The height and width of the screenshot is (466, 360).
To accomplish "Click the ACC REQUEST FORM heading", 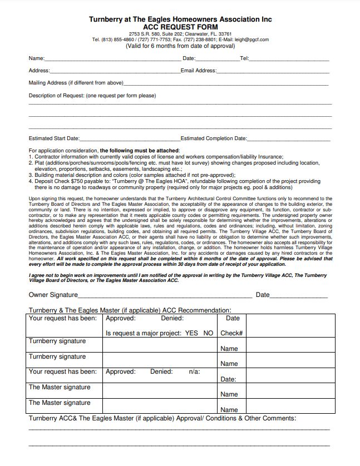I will pyautogui.click(x=180, y=27).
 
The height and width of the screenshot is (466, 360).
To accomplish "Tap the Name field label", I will pyautogui.click(x=36, y=58).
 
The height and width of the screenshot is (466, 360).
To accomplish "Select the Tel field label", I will pyautogui.click(x=244, y=58).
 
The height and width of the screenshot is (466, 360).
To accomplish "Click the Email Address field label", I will pyautogui.click(x=198, y=71).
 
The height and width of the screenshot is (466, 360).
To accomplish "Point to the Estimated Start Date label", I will pyautogui.click(x=54, y=138).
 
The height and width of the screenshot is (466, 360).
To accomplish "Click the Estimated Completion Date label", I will pyautogui.click(x=214, y=138).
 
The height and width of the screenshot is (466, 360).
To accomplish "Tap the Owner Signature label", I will pyautogui.click(x=53, y=295).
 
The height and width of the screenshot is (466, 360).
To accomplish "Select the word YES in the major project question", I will pyautogui.click(x=191, y=333).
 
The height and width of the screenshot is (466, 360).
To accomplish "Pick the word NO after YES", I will pyautogui.click(x=208, y=333).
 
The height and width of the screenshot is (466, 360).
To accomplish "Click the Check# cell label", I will pyautogui.click(x=231, y=333).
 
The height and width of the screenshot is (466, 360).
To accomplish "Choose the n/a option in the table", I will pyautogui.click(x=194, y=371).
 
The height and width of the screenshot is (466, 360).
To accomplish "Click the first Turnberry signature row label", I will pyautogui.click(x=57, y=341).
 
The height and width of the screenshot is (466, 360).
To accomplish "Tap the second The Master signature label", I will pyautogui.click(x=59, y=403).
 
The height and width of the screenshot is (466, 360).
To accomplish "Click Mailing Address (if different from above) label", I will pyautogui.click(x=76, y=83).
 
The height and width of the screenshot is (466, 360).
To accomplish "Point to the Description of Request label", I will pyautogui.click(x=92, y=96).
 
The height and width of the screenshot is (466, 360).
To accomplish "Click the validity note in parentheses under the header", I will pyautogui.click(x=181, y=46).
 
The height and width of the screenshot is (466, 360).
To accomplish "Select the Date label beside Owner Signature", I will pyautogui.click(x=263, y=295).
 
